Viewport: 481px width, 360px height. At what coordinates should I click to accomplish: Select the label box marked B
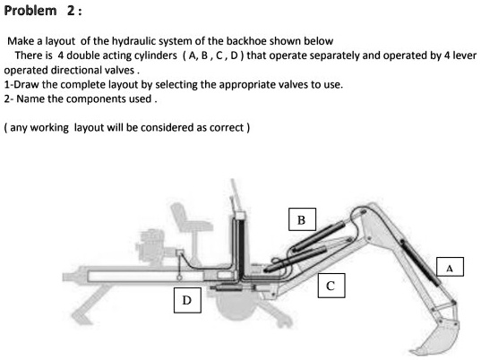[x=301, y=219]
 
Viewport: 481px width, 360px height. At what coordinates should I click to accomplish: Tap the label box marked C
[x=331, y=286]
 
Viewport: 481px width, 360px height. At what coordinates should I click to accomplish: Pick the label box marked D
[x=185, y=299]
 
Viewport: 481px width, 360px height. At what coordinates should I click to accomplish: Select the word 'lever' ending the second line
[x=464, y=55]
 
